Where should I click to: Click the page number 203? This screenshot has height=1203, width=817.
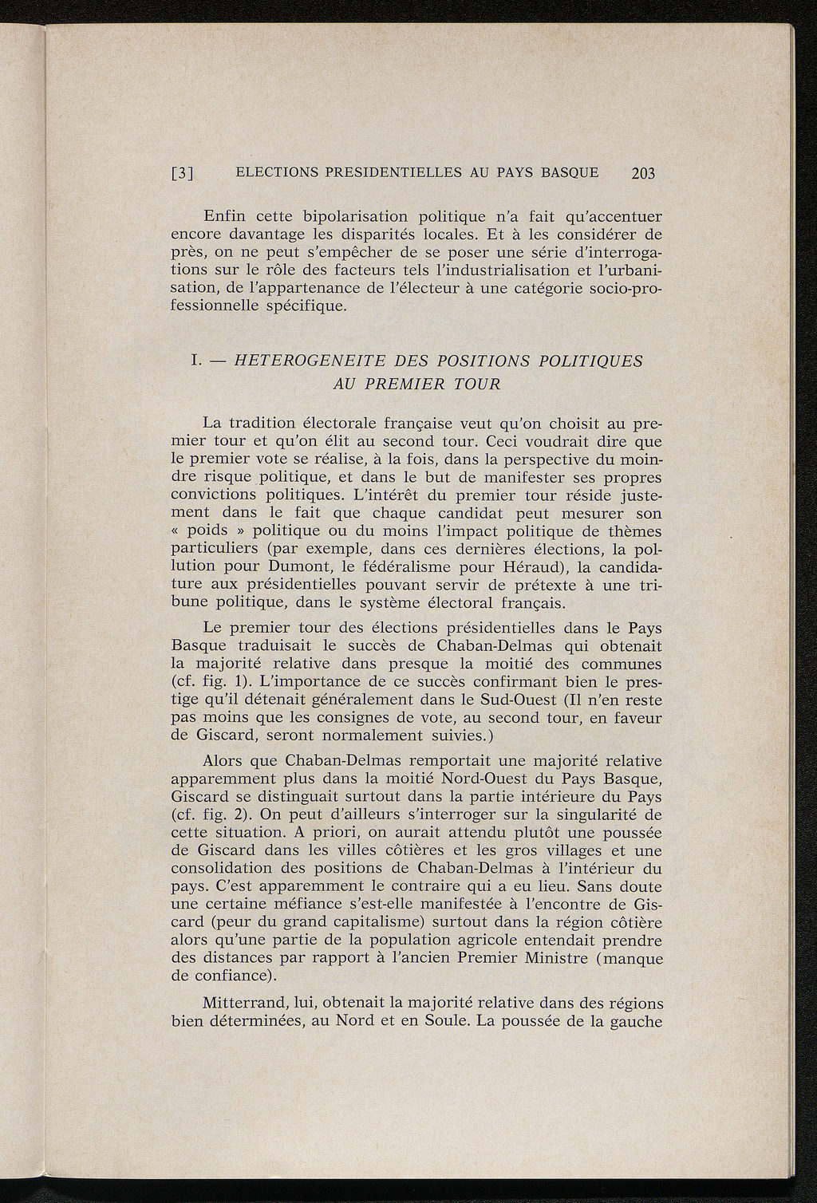641,173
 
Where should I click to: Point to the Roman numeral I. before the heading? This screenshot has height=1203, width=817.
195,361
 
